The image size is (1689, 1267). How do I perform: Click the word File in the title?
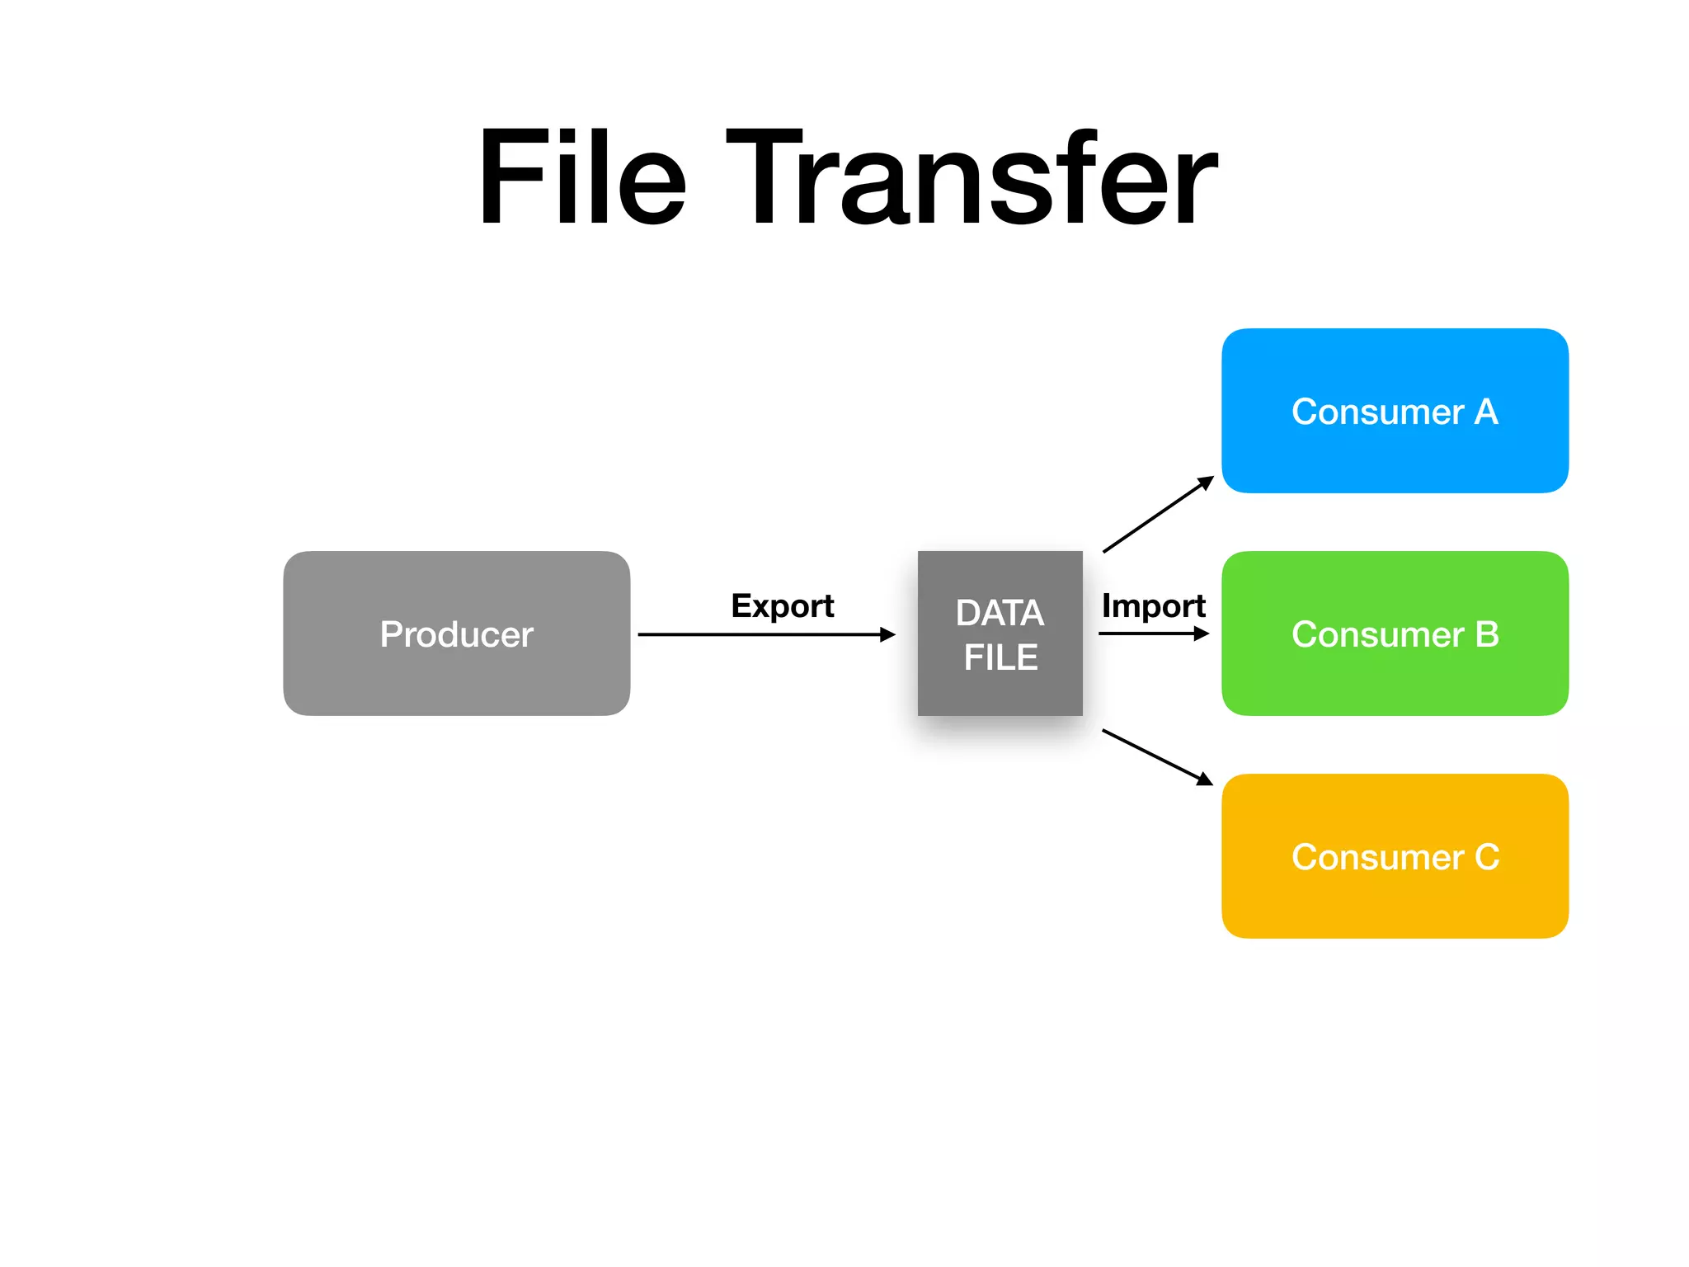[581, 177]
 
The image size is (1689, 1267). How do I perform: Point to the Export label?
[782, 605]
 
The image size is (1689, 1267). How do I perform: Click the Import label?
[1153, 605]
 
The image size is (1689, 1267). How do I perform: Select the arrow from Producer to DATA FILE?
[759, 634]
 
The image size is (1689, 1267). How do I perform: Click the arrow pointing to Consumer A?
[1157, 515]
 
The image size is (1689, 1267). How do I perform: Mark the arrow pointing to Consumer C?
[1156, 756]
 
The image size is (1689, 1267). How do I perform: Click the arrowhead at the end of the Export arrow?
[887, 634]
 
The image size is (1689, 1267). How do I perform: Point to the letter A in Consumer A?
[1486, 412]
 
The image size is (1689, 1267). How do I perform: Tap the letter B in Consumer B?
[1486, 634]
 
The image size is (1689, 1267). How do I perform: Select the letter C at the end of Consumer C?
[1486, 857]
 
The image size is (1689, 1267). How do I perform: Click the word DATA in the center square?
[1000, 613]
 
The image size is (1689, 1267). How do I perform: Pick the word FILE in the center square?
[1000, 657]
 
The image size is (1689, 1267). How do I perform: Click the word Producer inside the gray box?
[456, 634]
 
